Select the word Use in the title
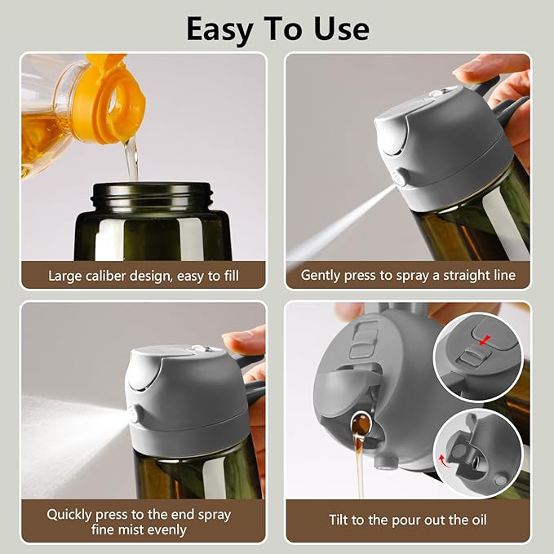(339, 29)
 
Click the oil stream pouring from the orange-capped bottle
(131, 159)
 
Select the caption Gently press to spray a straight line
(408, 275)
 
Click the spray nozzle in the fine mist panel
(133, 414)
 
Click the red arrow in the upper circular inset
(488, 339)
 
